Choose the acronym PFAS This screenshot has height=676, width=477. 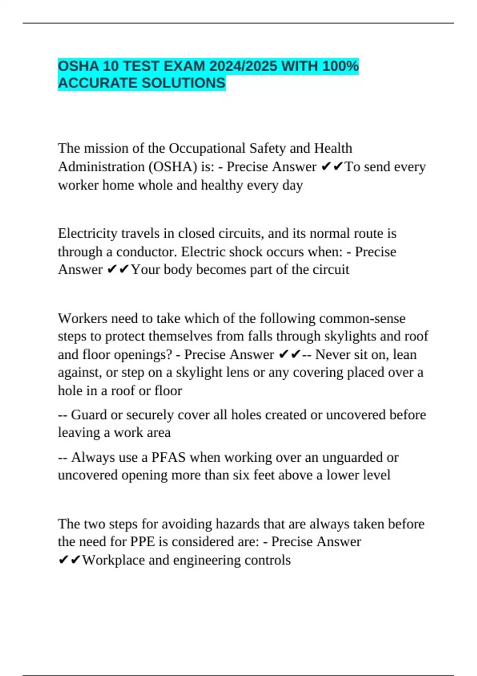point(169,457)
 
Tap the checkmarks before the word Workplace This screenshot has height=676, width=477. point(70,560)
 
